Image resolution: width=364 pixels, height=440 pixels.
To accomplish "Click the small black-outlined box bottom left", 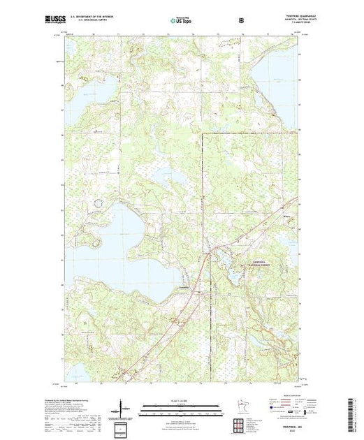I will (x=123, y=425).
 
